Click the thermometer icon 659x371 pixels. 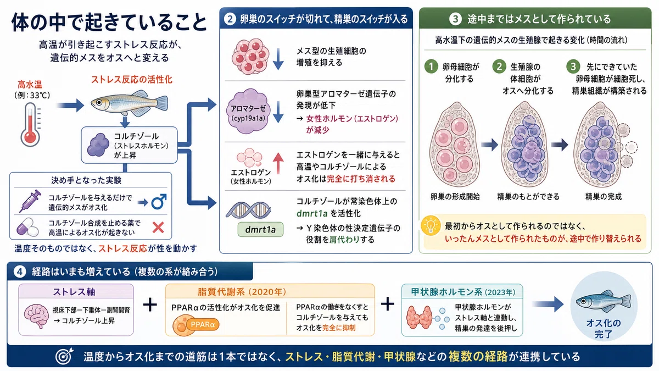click(30, 125)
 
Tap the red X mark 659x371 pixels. click(158, 228)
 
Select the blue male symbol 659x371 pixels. click(159, 201)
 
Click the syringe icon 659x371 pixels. click(30, 201)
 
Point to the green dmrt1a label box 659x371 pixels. click(260, 229)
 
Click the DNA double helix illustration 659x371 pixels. click(248, 210)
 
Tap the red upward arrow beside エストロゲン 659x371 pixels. click(278, 163)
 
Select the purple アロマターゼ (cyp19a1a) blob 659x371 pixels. click(248, 112)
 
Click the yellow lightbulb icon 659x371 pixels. click(431, 225)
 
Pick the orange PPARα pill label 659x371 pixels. click(203, 324)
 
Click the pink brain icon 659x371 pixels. click(37, 316)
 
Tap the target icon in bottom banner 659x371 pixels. click(64, 356)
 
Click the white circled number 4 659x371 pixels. click(20, 272)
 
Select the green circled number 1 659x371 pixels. click(431, 67)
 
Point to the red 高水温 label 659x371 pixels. click(30, 85)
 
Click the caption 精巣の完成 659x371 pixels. click(604, 196)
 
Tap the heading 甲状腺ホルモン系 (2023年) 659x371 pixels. click(463, 292)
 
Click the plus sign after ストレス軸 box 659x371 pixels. click(150, 304)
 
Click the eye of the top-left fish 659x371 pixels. click(99, 102)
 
